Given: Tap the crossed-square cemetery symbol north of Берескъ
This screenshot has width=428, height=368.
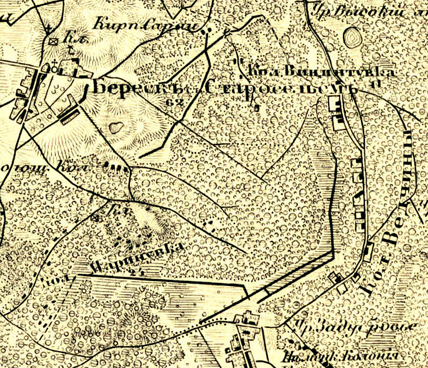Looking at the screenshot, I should [x=54, y=41].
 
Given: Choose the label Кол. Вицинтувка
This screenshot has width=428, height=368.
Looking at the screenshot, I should [x=321, y=70].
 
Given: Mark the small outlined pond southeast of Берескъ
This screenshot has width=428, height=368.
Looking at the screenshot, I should [x=115, y=128].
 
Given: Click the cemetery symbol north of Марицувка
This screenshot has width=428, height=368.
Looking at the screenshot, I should [x=94, y=218].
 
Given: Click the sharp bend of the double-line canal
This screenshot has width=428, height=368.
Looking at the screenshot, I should [x=332, y=253].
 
